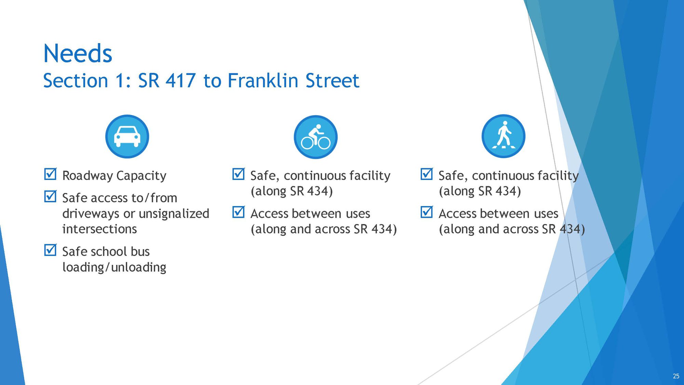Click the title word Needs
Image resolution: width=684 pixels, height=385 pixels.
click(78, 54)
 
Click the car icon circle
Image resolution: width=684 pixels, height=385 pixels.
click(127, 136)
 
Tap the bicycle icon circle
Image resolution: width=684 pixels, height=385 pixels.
click(316, 137)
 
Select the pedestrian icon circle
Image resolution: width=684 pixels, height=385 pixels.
click(504, 136)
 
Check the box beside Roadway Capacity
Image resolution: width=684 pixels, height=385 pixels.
click(50, 174)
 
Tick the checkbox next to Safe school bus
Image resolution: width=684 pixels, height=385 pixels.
click(50, 250)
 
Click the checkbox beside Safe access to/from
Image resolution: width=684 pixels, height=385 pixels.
click(50, 196)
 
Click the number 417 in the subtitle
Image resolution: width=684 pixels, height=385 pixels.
click(181, 81)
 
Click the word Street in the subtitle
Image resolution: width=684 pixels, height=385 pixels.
click(332, 81)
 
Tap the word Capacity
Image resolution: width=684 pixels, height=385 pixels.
click(141, 176)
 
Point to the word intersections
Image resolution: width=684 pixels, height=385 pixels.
click(99, 229)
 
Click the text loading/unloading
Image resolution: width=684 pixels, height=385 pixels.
click(114, 267)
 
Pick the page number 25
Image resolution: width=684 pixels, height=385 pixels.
click(676, 376)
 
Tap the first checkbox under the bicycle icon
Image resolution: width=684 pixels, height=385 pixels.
click(238, 174)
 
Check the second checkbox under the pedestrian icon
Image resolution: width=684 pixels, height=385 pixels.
click(427, 212)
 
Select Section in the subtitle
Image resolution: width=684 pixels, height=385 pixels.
click(76, 81)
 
